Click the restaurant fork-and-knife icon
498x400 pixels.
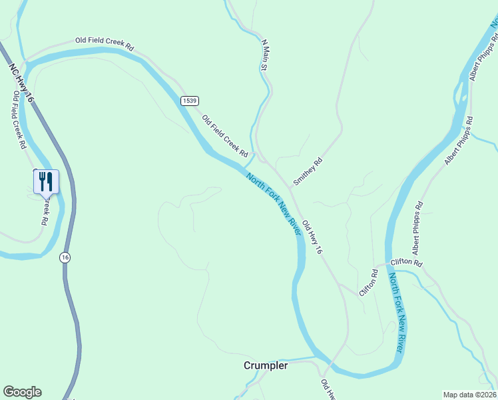(x=46, y=180)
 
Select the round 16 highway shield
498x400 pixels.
(x=64, y=257)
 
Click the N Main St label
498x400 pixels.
(x=264, y=55)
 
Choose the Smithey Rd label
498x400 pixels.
(x=308, y=171)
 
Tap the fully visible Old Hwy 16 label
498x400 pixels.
(x=312, y=237)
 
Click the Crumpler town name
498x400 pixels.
(x=266, y=365)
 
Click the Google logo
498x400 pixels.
(x=22, y=392)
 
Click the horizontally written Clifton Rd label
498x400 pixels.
(x=407, y=263)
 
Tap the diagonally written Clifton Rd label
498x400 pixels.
(x=368, y=283)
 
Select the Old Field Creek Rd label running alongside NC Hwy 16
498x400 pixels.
(x=19, y=120)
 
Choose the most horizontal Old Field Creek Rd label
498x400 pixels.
(x=105, y=44)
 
